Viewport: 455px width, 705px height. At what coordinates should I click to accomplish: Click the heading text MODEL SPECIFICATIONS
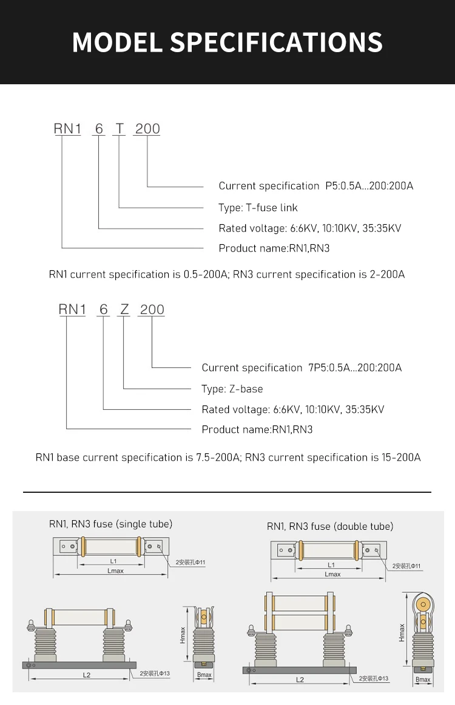(x=227, y=42)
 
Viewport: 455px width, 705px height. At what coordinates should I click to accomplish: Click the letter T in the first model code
(x=120, y=129)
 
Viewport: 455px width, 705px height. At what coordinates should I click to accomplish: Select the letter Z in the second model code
(x=124, y=309)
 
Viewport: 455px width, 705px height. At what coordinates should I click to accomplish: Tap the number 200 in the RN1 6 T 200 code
(x=147, y=129)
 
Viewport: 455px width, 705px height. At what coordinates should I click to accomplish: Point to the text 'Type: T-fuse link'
(x=258, y=208)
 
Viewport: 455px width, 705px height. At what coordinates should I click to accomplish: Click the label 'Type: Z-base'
(x=232, y=389)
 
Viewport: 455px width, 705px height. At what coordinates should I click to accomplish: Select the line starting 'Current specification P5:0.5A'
(x=315, y=186)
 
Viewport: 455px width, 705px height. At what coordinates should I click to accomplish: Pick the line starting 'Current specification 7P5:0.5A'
(x=302, y=368)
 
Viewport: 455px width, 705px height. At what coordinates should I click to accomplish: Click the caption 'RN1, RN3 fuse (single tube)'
(x=110, y=524)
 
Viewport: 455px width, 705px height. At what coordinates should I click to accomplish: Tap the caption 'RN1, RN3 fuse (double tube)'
(x=330, y=526)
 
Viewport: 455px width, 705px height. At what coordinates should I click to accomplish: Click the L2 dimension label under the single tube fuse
(x=86, y=675)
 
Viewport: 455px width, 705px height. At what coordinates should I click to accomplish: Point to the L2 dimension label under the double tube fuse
(x=300, y=680)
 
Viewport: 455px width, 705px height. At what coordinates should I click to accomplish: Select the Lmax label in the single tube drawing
(x=115, y=571)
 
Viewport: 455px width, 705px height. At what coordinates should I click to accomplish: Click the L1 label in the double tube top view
(x=331, y=565)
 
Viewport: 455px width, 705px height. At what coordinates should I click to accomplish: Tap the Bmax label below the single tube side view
(x=204, y=675)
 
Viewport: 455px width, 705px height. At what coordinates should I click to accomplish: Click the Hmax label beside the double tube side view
(x=402, y=633)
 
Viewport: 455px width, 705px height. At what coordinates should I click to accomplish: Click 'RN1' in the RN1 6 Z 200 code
(x=72, y=309)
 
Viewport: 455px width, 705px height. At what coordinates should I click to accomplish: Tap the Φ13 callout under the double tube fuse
(x=374, y=678)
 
